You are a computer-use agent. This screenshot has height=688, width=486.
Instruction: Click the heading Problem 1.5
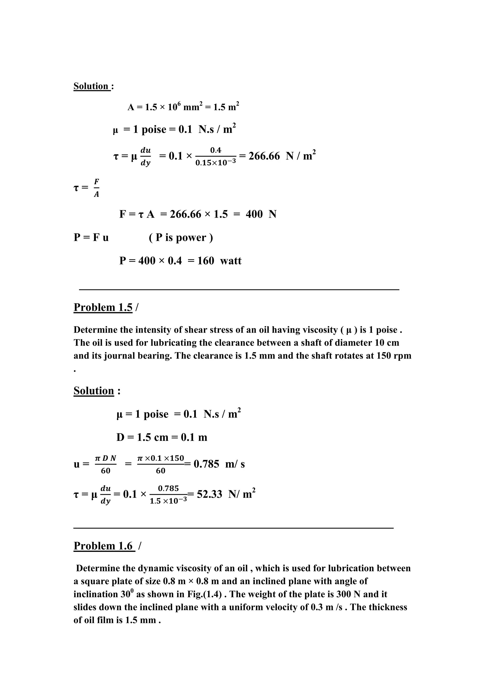[103, 307]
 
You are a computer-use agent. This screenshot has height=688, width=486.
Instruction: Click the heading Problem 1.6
[104, 546]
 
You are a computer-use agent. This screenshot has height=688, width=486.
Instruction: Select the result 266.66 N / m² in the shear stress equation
[282, 156]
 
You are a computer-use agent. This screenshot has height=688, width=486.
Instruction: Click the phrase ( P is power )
[181, 238]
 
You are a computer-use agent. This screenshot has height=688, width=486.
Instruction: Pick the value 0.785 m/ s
[219, 464]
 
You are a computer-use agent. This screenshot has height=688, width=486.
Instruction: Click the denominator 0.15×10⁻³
[215, 163]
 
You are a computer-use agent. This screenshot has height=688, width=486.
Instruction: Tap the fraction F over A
[96, 188]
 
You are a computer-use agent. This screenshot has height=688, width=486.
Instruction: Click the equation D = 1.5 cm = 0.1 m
[162, 438]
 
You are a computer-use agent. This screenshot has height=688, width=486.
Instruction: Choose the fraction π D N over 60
[105, 464]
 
